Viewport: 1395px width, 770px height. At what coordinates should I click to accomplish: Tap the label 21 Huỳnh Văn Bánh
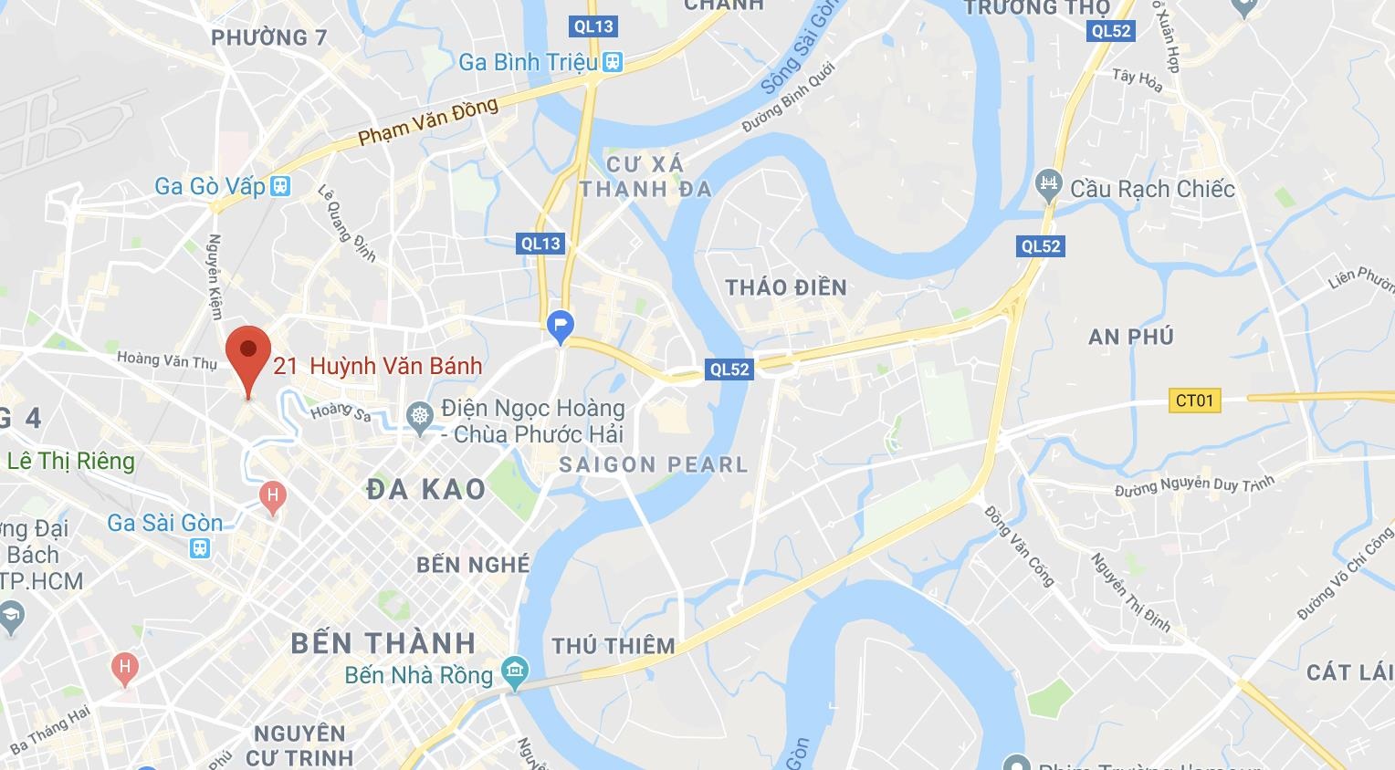click(377, 366)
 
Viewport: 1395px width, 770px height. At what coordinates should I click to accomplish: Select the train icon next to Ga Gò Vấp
click(279, 186)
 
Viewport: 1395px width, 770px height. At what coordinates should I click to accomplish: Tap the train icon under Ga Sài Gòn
click(199, 548)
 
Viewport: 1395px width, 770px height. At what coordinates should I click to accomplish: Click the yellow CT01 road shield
click(1194, 400)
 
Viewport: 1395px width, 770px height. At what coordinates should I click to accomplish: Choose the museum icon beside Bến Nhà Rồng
click(515, 675)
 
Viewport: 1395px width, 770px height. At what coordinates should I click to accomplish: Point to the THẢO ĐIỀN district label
click(786, 287)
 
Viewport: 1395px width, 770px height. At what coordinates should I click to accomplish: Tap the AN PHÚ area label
click(1130, 337)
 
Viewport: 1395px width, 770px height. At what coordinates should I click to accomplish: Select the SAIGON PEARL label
click(653, 464)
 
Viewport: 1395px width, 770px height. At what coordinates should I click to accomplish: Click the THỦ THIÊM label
click(613, 646)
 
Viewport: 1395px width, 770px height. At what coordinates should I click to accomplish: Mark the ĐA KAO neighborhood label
click(425, 490)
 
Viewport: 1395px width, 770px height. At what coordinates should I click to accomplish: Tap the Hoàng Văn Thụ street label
click(167, 359)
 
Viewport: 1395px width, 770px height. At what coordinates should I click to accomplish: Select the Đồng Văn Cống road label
click(1019, 546)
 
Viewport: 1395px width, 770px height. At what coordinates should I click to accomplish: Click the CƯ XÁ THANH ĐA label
click(645, 176)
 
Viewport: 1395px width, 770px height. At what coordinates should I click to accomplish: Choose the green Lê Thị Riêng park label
click(70, 461)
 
